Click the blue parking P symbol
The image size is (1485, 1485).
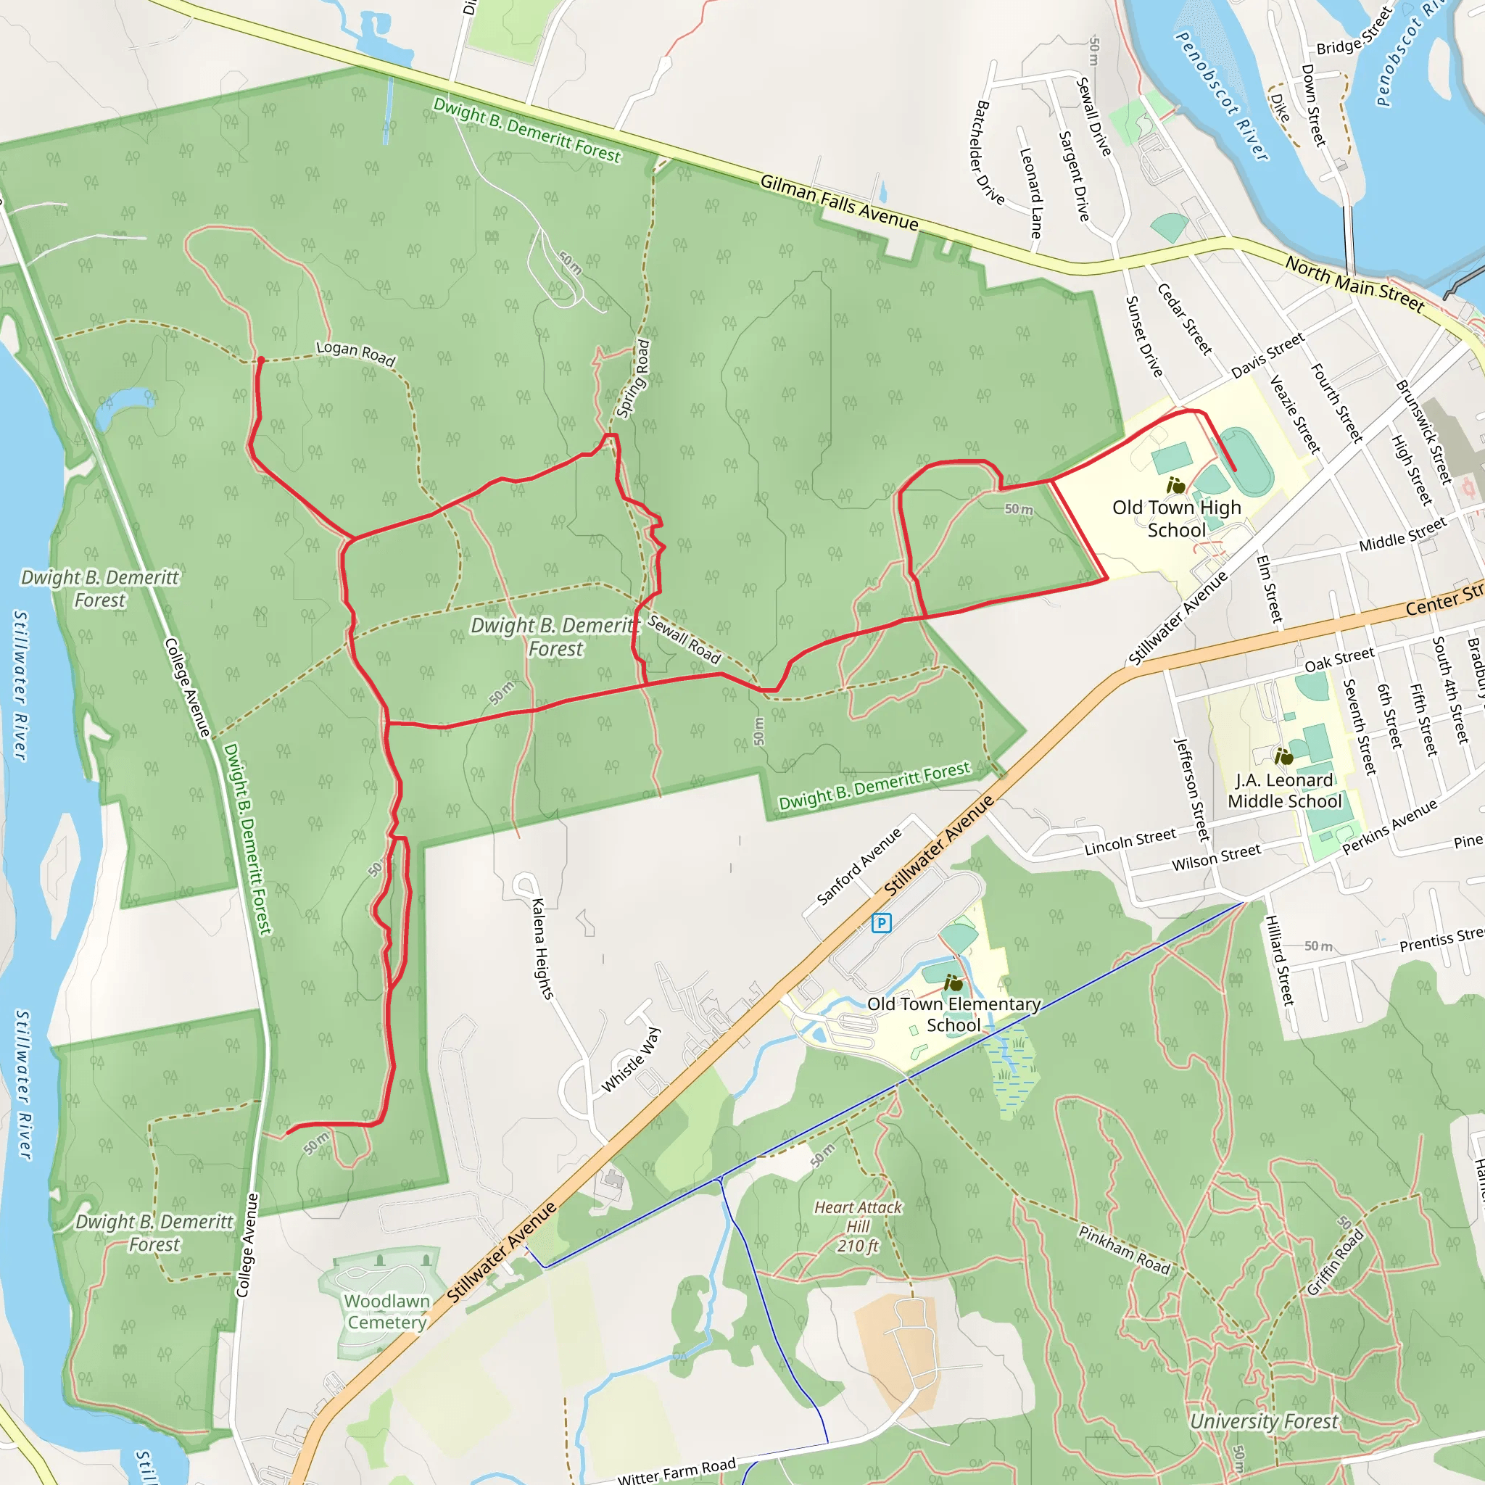click(882, 922)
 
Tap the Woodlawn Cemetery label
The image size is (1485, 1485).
click(386, 1311)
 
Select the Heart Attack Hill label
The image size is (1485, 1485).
click(858, 1226)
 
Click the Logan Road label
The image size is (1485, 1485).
click(356, 354)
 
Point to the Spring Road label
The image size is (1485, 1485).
click(633, 379)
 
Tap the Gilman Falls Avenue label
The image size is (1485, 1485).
click(840, 202)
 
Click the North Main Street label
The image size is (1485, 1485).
click(1355, 284)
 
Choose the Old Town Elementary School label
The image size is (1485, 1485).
click(954, 1014)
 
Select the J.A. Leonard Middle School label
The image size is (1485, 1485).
click(1284, 790)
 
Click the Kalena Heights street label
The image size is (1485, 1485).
click(542, 948)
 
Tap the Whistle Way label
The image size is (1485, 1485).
click(630, 1059)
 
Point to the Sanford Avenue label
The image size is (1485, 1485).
click(859, 866)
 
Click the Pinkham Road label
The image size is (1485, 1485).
click(1124, 1250)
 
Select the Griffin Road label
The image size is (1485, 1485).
click(1336, 1262)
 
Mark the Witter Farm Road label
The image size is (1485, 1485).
click(677, 1470)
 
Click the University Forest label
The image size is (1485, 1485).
click(1265, 1421)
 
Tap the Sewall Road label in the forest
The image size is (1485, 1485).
click(683, 639)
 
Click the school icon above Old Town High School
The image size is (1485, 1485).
click(1176, 485)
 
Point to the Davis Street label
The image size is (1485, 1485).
click(1267, 355)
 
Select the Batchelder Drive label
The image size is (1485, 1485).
click(990, 153)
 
